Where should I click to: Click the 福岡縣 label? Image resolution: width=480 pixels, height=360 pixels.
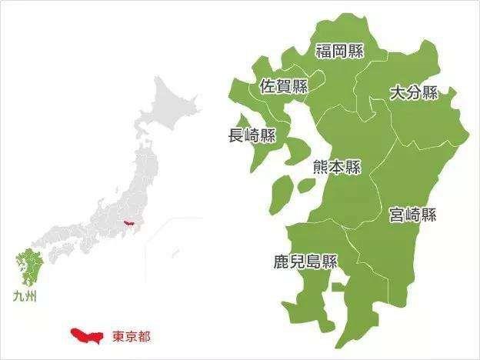(x=340, y=51)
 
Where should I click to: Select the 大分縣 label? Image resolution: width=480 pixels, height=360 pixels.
(x=414, y=93)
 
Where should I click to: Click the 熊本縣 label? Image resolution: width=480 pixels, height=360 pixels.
(x=337, y=168)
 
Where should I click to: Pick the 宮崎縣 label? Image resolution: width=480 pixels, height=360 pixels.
(x=412, y=214)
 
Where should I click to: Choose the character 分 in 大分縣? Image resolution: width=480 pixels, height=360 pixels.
(x=414, y=93)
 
